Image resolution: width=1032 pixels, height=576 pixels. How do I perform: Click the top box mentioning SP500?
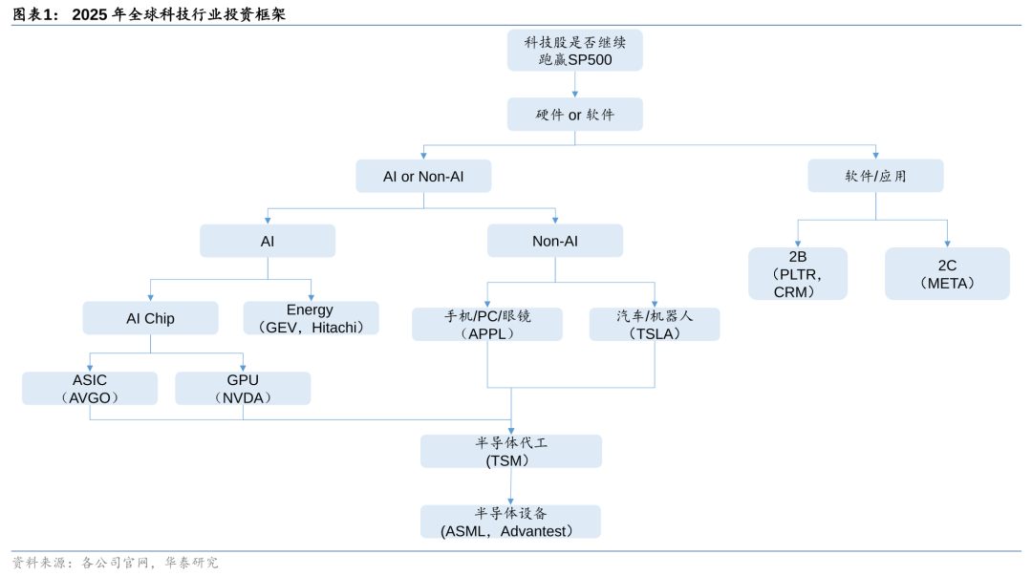574,51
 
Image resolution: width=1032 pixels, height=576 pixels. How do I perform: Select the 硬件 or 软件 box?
574,115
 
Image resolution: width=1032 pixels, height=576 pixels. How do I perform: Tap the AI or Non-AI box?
423,177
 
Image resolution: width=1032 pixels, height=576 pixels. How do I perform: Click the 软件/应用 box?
875,177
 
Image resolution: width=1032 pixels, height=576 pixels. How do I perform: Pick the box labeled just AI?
268,242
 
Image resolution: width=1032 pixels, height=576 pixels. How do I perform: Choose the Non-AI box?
555,242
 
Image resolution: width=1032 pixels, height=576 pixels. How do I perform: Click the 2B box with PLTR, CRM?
798,274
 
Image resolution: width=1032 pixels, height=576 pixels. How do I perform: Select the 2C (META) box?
947,274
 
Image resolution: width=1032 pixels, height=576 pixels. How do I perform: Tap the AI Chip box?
150,318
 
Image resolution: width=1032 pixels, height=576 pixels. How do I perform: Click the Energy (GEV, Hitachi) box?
311,318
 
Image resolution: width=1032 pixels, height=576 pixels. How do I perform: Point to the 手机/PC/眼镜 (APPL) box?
487,325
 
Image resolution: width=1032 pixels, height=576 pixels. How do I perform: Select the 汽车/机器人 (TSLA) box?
655,325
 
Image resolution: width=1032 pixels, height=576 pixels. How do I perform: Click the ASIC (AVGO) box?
90,389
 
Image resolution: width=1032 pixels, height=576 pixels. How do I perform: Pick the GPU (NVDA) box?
243,389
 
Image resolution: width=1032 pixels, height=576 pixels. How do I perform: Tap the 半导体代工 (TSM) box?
511,452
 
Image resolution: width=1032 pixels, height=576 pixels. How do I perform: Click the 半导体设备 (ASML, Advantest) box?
511,522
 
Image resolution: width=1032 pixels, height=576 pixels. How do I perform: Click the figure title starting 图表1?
148,14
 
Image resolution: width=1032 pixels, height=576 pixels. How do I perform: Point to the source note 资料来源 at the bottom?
115,563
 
